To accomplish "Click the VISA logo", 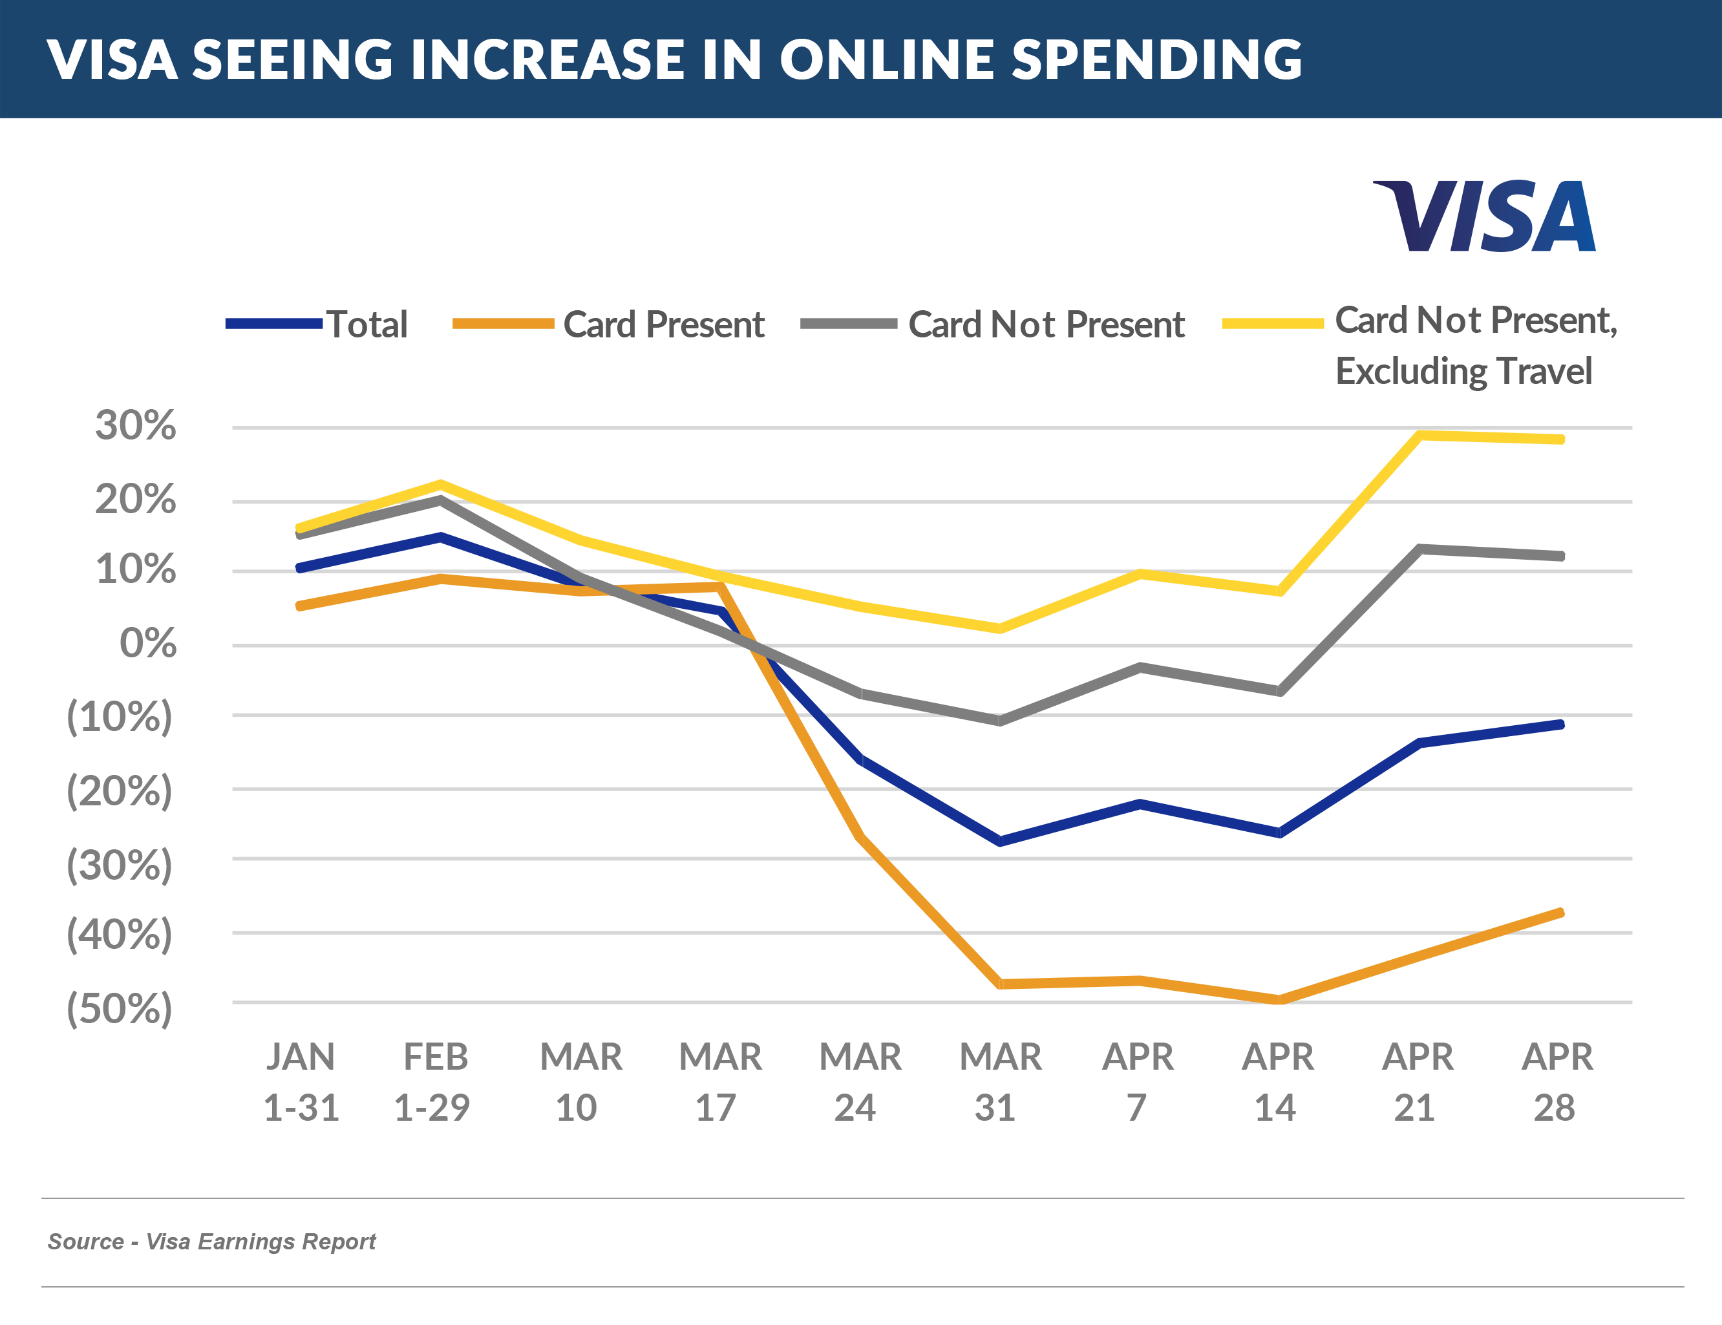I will [1484, 215].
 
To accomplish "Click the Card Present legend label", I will [663, 324].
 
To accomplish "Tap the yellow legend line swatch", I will [1272, 323].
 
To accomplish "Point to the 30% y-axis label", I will [135, 426].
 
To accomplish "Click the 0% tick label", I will [147, 643].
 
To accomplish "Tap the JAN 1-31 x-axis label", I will [301, 1081].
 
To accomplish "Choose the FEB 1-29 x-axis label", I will [433, 1081].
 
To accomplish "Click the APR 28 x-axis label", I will [1557, 1081].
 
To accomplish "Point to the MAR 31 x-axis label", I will [999, 1081].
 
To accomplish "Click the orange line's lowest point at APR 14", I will [1279, 999].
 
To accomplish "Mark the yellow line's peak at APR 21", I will [1419, 435].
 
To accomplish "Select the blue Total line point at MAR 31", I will [1000, 841].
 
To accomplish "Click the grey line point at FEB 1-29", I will [440, 500].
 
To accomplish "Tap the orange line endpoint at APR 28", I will [1560, 913].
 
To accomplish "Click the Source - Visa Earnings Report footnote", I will [211, 1242].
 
